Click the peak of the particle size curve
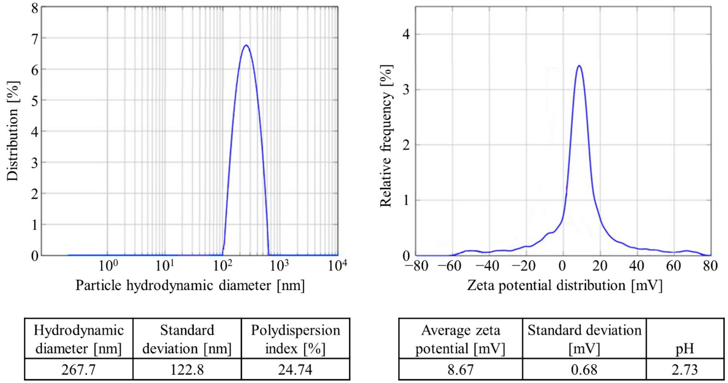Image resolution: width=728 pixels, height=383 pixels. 246,45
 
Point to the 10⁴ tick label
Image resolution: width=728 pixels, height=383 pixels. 337,266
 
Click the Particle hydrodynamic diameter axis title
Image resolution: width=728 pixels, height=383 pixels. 190,286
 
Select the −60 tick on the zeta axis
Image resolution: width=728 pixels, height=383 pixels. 451,266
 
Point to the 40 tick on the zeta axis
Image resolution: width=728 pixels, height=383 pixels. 637,266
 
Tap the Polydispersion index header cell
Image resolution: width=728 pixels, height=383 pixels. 295,339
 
